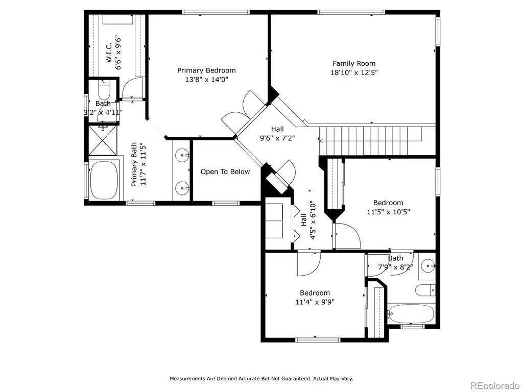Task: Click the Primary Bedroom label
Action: [x=206, y=70]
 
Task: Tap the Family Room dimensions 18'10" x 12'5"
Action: [x=354, y=72]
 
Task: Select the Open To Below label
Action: [x=225, y=171]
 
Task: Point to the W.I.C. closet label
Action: [x=109, y=53]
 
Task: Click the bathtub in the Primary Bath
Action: [x=104, y=180]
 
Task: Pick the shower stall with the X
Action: [x=103, y=140]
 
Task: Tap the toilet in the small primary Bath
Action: [x=104, y=89]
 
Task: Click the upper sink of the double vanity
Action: [x=182, y=155]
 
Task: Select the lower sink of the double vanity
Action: [x=182, y=189]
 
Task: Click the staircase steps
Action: [x=371, y=141]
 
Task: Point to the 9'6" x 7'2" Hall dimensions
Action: [x=277, y=138]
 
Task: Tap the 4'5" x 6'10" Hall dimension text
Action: [x=313, y=220]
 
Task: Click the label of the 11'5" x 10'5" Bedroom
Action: [x=388, y=203]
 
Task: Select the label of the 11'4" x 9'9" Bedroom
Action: [x=315, y=293]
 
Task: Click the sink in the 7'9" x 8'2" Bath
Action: [x=428, y=265]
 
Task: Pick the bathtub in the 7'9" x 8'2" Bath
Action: [x=411, y=314]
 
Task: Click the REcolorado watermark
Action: [x=495, y=385]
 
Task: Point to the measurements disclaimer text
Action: [x=261, y=379]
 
